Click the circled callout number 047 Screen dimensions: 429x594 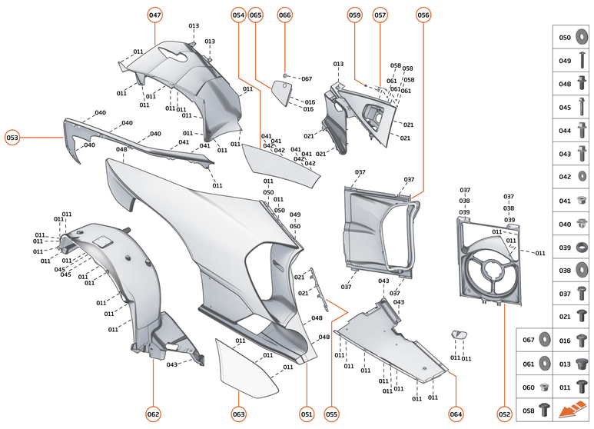click(155, 15)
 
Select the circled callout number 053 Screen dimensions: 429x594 click(13, 138)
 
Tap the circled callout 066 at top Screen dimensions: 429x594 click(285, 15)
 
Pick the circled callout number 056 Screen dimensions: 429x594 click(423, 15)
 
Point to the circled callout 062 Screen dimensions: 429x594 click(153, 414)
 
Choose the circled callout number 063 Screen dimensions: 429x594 click(239, 414)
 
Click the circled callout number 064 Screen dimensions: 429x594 click(456, 414)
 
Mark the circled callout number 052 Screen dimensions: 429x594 click(504, 414)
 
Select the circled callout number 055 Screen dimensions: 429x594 click(331, 414)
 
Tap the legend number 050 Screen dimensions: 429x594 click(565, 37)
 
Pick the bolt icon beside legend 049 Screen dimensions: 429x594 click(582, 61)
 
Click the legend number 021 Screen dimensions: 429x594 click(565, 316)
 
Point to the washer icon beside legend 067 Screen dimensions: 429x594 click(544, 339)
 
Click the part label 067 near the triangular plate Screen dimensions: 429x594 click(307, 79)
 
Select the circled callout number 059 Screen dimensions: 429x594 click(354, 15)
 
